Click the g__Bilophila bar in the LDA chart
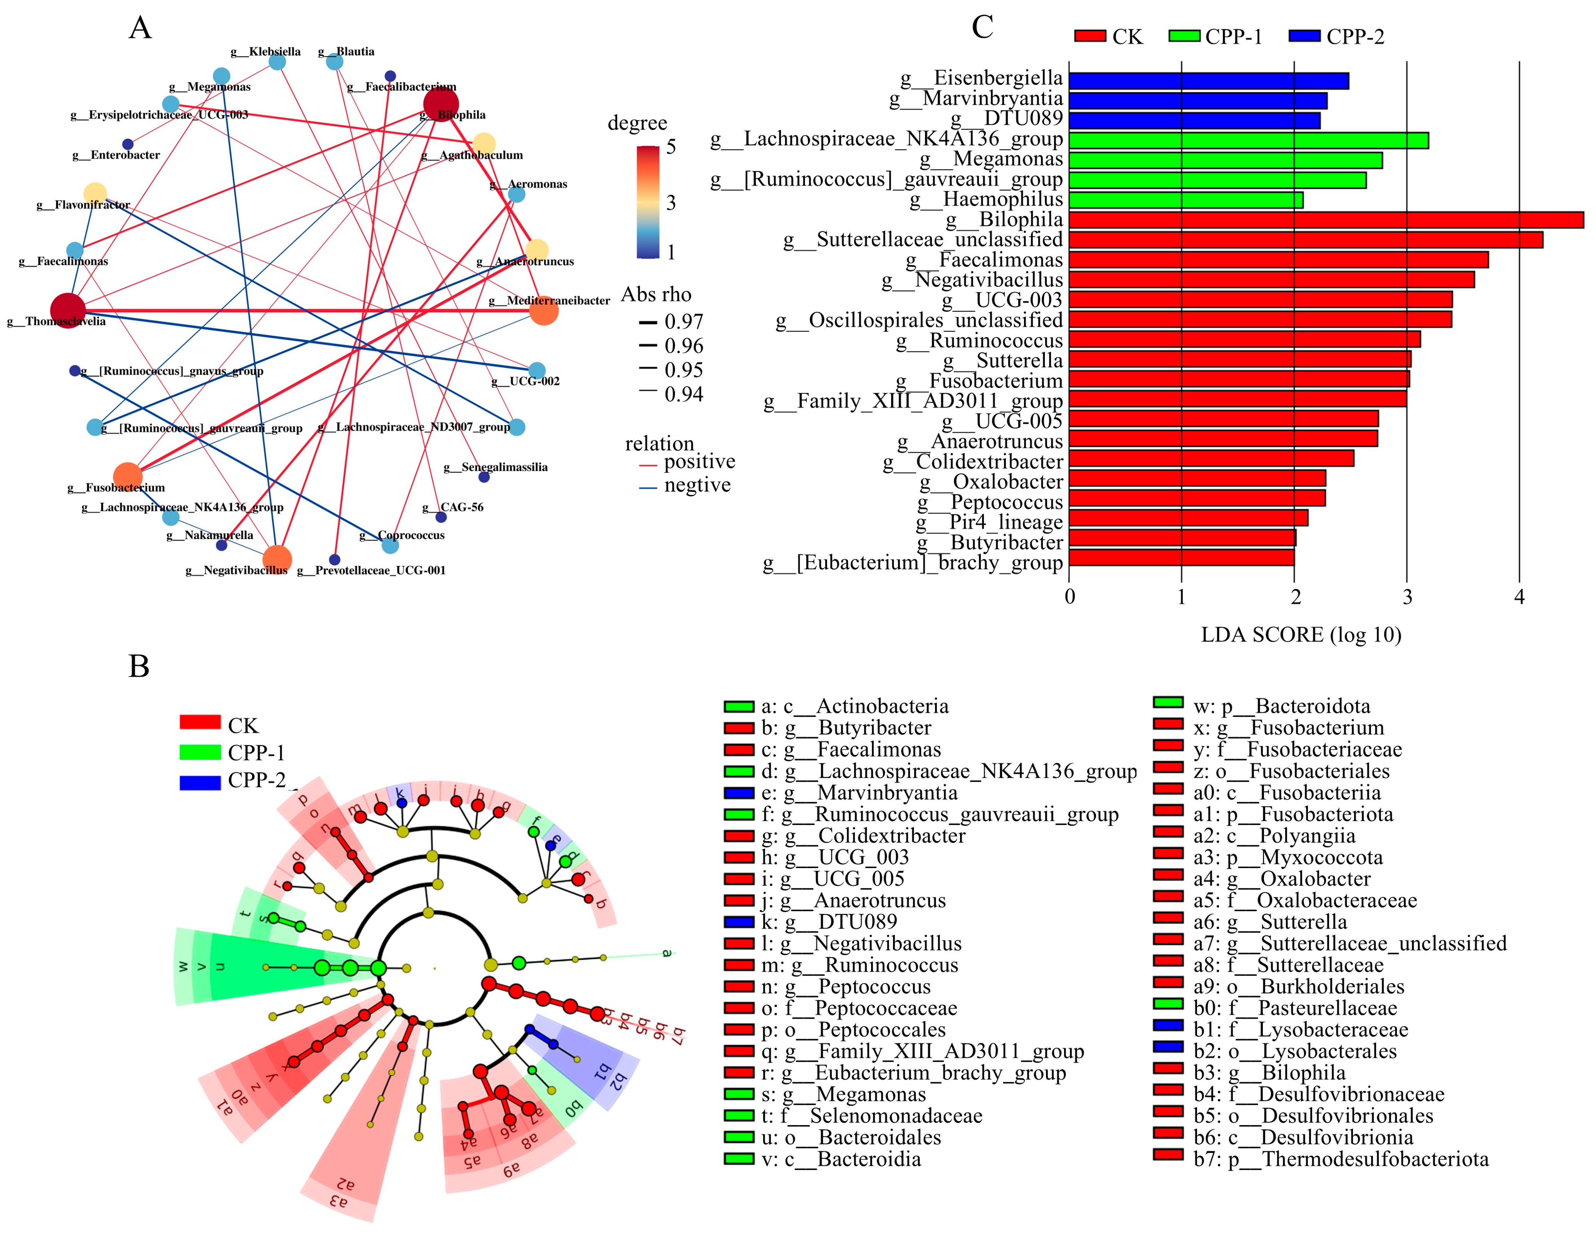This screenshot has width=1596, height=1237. point(1326,220)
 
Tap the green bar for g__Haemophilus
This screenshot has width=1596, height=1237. point(1185,199)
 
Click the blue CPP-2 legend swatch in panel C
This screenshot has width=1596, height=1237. point(1305,36)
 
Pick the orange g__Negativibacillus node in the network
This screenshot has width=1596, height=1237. point(277,560)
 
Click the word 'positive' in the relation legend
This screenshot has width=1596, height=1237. point(699,462)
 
